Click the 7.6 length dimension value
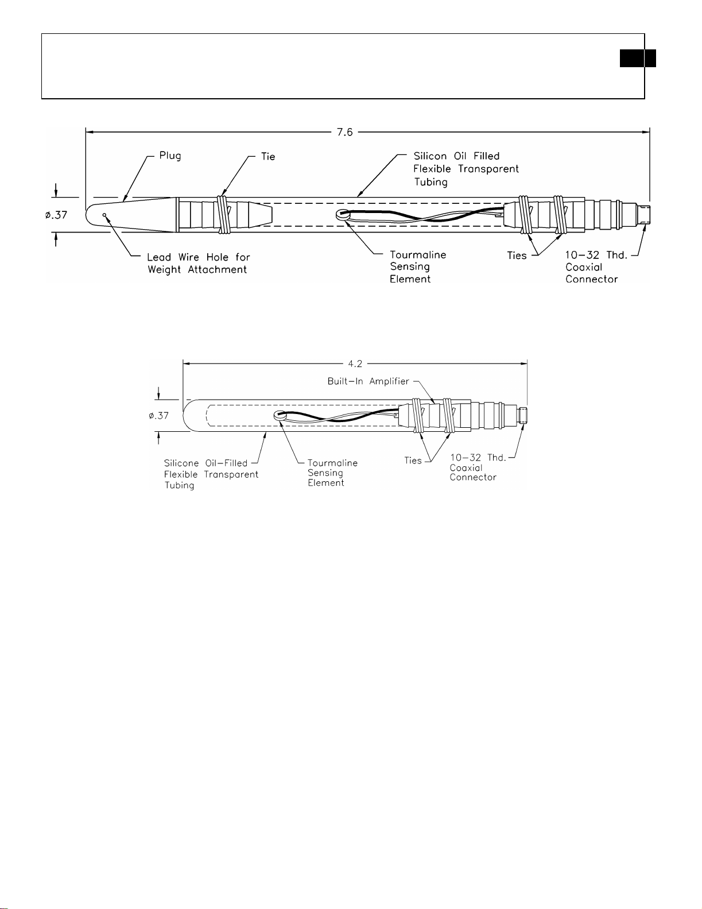pyautogui.click(x=344, y=132)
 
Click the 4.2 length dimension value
pyautogui.click(x=355, y=364)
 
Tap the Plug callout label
pyautogui.click(x=170, y=156)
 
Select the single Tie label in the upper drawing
pyautogui.click(x=268, y=156)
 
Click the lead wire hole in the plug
pyautogui.click(x=104, y=215)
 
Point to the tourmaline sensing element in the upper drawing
pyautogui.click(x=343, y=215)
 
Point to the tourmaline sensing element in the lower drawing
pyautogui.click(x=280, y=415)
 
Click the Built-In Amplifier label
pyautogui.click(x=368, y=381)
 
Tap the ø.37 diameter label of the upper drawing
pyautogui.click(x=56, y=215)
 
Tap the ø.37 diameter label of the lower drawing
pyautogui.click(x=158, y=416)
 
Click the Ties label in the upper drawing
pyautogui.click(x=517, y=256)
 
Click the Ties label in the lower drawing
pyautogui.click(x=413, y=461)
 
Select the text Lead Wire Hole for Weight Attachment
pyautogui.click(x=199, y=264)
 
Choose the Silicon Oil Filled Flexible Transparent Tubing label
pyautogui.click(x=466, y=169)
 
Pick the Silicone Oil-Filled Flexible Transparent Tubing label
pyautogui.click(x=211, y=474)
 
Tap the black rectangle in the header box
pyautogui.click(x=638, y=58)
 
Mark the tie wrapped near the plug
pyautogui.click(x=224, y=215)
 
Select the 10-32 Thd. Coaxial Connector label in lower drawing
pyautogui.click(x=478, y=467)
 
